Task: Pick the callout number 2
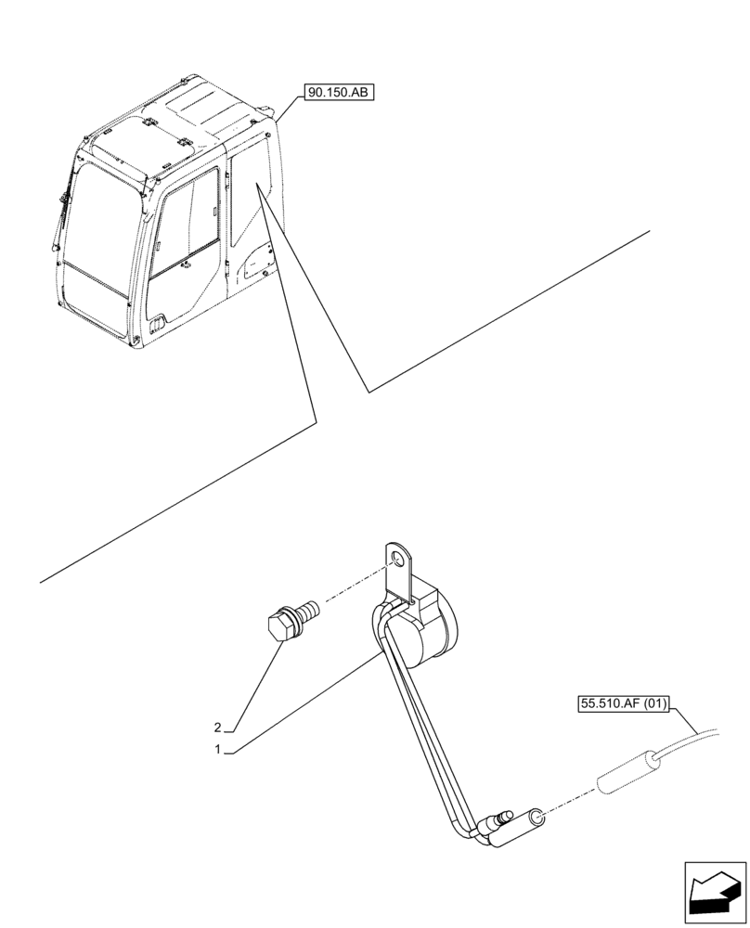coord(217,727)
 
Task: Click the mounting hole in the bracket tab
coord(398,560)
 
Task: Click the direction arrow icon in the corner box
coord(715,896)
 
